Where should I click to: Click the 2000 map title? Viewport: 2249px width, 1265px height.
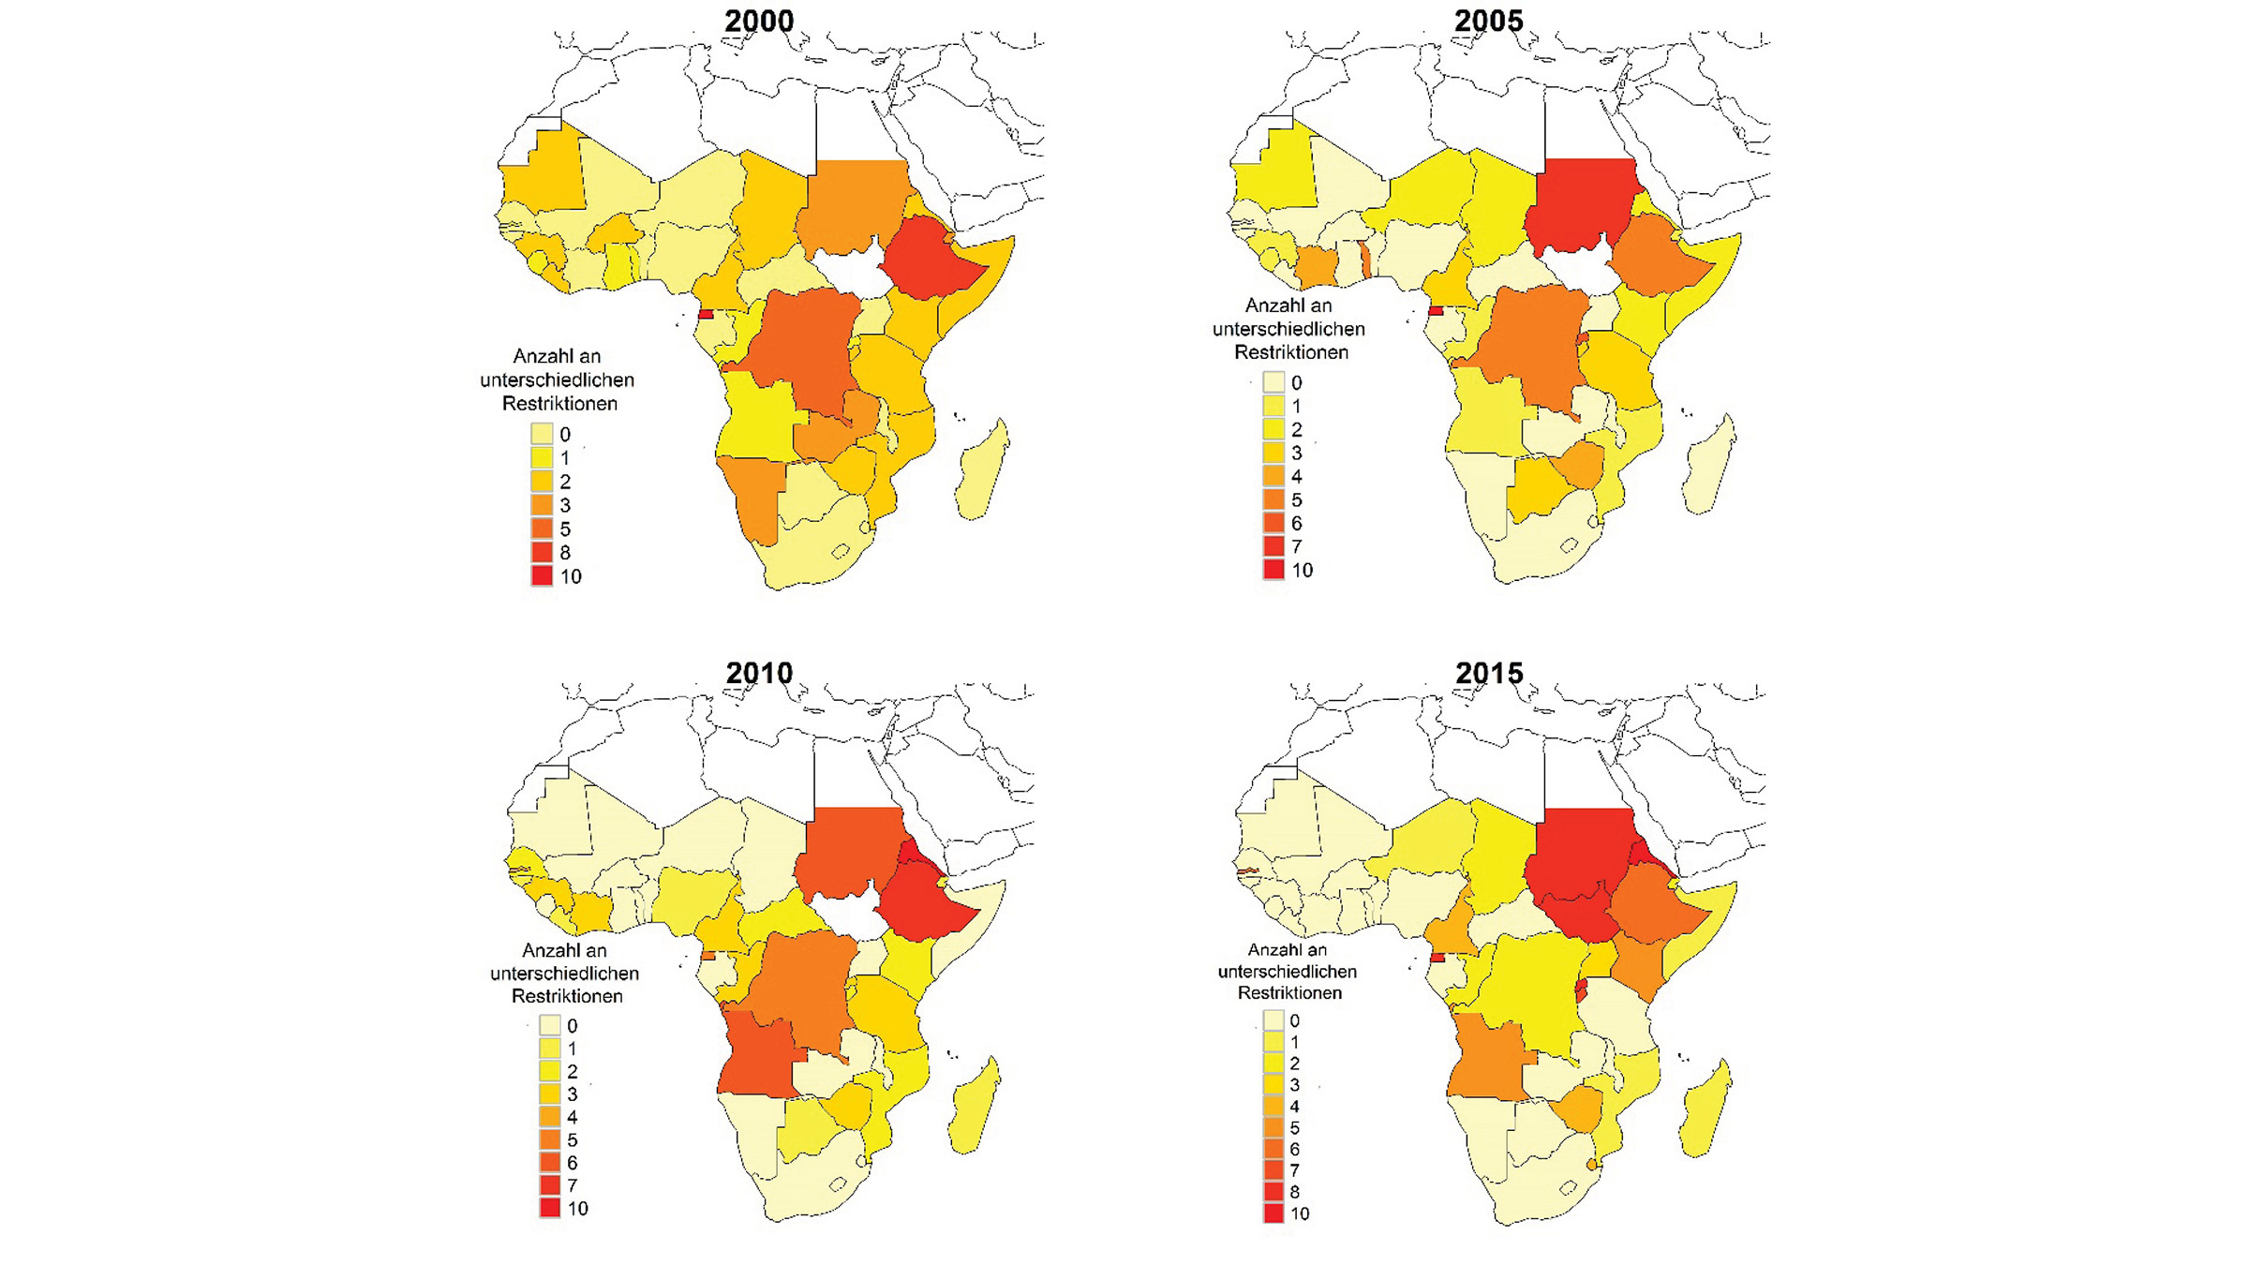pyautogui.click(x=759, y=21)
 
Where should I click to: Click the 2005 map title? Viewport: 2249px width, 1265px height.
pyautogui.click(x=1488, y=21)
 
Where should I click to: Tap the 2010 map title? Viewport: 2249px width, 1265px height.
pyautogui.click(x=759, y=673)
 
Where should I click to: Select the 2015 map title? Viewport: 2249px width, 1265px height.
pyautogui.click(x=1488, y=673)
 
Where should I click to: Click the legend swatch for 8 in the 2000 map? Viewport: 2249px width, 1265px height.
pyautogui.click(x=542, y=552)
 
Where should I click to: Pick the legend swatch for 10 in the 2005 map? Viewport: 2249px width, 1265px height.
pyautogui.click(x=1273, y=570)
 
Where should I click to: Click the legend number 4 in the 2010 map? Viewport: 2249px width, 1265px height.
pyautogui.click(x=572, y=1117)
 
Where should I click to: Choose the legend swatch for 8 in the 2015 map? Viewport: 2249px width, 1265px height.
pyautogui.click(x=1273, y=1192)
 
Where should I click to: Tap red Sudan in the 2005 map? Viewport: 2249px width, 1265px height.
pyautogui.click(x=1584, y=201)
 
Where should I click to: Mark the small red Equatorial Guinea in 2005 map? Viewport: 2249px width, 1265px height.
pyautogui.click(x=1436, y=310)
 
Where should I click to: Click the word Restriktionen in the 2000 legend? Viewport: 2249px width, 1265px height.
pyautogui.click(x=559, y=404)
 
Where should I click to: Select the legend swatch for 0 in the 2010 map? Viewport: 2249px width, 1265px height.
pyautogui.click(x=550, y=1025)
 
